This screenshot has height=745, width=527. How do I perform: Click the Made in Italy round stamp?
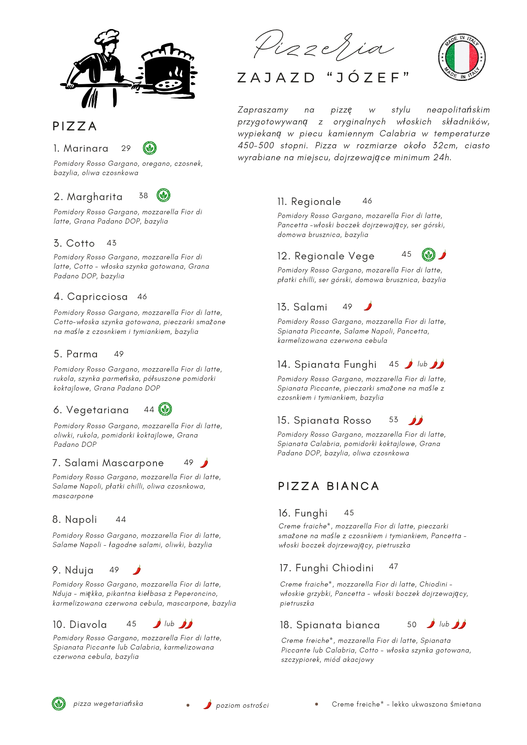[x=462, y=57]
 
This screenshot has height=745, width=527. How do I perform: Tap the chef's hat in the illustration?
[x=107, y=37]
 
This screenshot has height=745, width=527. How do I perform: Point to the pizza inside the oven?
[x=168, y=85]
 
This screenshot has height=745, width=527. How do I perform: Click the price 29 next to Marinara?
[x=126, y=148]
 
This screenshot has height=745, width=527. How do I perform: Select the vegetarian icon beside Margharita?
[x=163, y=195]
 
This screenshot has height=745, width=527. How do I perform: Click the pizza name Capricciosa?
[x=97, y=297]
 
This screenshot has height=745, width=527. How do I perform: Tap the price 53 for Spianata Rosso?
[x=394, y=420]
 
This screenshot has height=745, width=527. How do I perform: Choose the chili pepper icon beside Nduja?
[x=137, y=570]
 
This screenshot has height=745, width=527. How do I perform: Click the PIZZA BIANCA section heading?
[x=328, y=486]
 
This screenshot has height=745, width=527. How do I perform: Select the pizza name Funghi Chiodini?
[x=334, y=568]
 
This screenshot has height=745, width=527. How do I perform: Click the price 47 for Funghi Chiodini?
[x=394, y=567]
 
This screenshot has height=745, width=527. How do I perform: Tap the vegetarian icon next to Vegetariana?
[x=165, y=409]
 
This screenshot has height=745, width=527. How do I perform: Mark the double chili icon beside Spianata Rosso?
[x=416, y=420]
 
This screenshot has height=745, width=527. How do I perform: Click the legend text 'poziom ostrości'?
[x=242, y=705]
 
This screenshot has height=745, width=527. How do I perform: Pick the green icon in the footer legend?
[x=59, y=704]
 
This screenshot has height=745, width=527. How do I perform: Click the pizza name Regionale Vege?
[x=334, y=256]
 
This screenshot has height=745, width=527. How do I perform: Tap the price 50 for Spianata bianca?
[x=412, y=625]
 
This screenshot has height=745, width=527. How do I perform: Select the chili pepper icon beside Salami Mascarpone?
[x=204, y=463]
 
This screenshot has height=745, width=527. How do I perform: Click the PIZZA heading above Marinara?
[x=75, y=126]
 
